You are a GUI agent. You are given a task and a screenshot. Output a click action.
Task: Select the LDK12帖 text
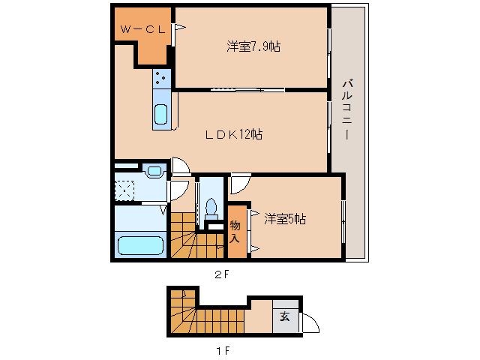(x=233, y=134)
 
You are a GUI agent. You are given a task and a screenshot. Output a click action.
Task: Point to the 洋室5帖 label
(x=285, y=219)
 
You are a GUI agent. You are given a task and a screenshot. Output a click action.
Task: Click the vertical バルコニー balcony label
(x=347, y=109)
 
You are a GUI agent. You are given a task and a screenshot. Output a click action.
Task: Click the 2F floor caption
(x=220, y=274)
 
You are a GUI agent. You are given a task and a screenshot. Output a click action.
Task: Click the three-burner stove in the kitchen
(x=161, y=76)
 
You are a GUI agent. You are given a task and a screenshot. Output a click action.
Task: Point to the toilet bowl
(x=211, y=205)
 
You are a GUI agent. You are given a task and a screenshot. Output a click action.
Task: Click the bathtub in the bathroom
(x=140, y=246)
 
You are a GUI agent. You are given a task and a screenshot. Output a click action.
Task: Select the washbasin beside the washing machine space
(x=154, y=172)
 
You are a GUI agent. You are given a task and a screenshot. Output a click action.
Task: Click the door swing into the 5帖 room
(x=240, y=183)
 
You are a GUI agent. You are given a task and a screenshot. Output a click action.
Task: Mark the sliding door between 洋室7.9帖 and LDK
(x=247, y=90)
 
